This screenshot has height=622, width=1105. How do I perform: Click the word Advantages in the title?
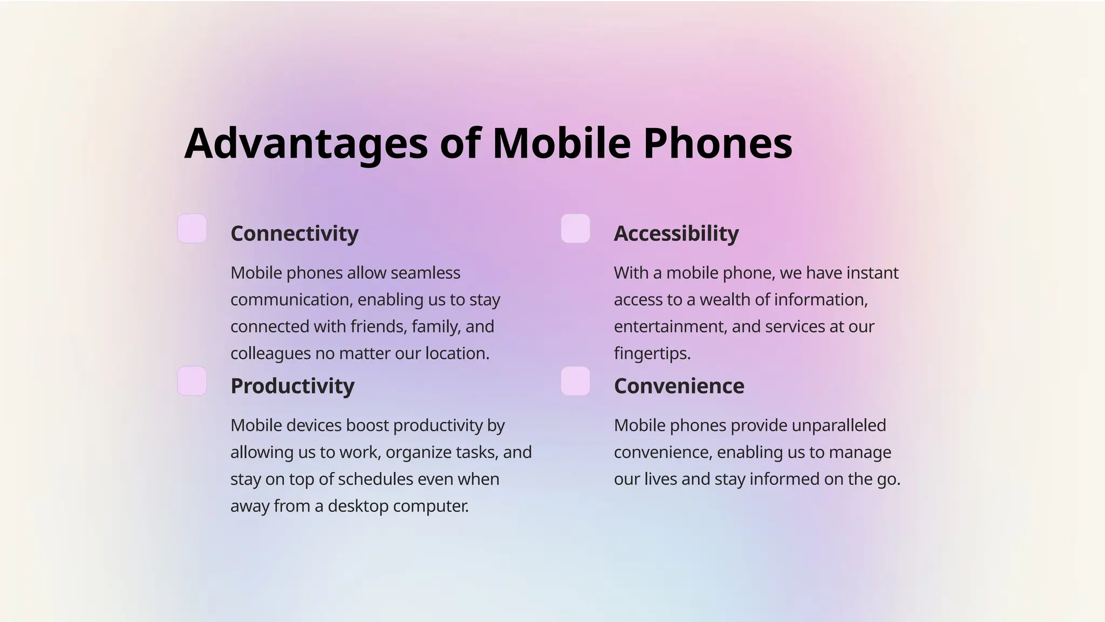(x=306, y=144)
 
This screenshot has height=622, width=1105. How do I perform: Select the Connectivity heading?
(x=294, y=233)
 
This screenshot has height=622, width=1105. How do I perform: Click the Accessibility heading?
(x=676, y=233)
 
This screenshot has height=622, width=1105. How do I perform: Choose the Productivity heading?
(x=292, y=386)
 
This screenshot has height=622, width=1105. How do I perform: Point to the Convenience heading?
(x=679, y=386)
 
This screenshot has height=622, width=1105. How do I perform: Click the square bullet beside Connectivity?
(x=192, y=228)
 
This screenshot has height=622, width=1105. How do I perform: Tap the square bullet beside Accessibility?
(x=575, y=228)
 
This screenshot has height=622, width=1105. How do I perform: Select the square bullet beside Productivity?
(x=192, y=381)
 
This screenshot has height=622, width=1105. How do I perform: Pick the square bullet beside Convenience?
(x=575, y=381)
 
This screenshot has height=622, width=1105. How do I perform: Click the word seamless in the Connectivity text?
(x=425, y=273)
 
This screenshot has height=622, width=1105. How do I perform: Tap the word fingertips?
(x=652, y=354)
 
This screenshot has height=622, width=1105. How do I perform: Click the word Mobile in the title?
(x=561, y=144)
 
